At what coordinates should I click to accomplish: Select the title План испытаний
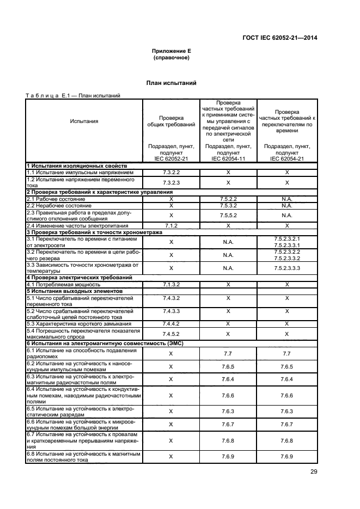171,83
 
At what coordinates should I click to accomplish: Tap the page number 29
313,472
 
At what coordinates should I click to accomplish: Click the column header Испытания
84,121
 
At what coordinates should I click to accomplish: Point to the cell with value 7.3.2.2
171,171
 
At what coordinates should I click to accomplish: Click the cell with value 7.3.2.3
171,182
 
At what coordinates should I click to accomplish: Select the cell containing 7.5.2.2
228,199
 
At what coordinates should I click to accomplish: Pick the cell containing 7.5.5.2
228,215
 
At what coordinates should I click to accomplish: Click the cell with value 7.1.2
171,225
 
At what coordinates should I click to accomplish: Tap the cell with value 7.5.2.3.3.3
286,268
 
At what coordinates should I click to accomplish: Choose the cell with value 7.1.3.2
171,284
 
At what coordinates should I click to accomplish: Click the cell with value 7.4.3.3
171,311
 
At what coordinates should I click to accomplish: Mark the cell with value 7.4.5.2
171,333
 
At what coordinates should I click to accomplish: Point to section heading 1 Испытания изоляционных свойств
77,165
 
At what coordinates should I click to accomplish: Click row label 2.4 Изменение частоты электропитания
77,225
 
